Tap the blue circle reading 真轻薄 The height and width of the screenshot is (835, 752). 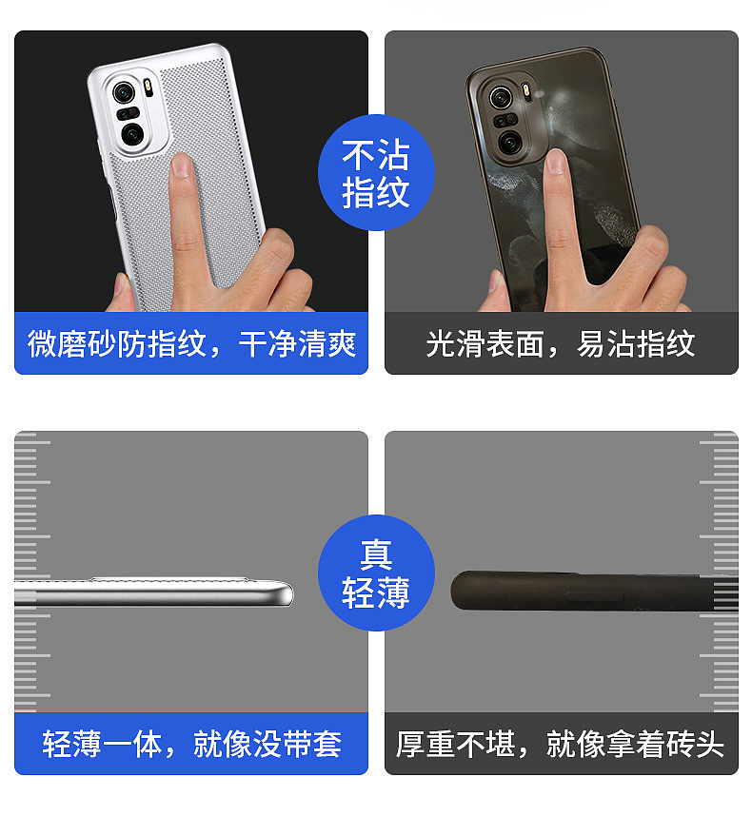point(376,574)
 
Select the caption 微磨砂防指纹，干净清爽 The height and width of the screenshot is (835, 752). point(191,343)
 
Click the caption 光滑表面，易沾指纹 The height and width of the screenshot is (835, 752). point(561,343)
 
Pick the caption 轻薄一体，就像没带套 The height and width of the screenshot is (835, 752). point(191,744)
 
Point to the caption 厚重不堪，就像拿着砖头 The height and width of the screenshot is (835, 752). point(561,744)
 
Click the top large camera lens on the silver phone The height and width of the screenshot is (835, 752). point(124,92)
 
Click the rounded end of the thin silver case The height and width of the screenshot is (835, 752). point(284,593)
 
